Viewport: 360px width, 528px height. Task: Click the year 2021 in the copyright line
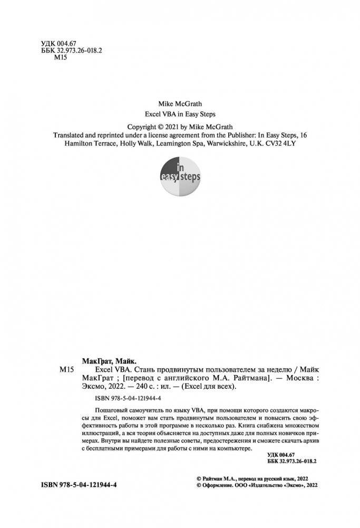coord(178,127)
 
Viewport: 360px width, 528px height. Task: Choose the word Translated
coord(74,135)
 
